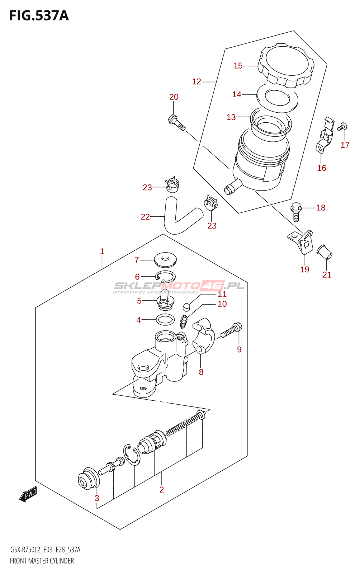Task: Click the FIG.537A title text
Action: click(39, 16)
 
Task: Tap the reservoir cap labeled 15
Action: click(286, 66)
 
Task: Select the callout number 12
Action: click(196, 82)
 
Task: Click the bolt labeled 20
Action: click(176, 122)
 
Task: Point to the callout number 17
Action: click(345, 145)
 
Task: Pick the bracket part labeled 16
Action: click(325, 134)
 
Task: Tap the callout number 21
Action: click(327, 275)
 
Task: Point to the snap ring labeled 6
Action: click(166, 277)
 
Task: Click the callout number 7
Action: click(137, 260)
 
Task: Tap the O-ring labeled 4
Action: click(165, 319)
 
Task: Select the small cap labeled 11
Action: click(186, 307)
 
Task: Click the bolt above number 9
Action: click(231, 330)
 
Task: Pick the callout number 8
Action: click(201, 372)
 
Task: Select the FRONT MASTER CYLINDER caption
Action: click(42, 561)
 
